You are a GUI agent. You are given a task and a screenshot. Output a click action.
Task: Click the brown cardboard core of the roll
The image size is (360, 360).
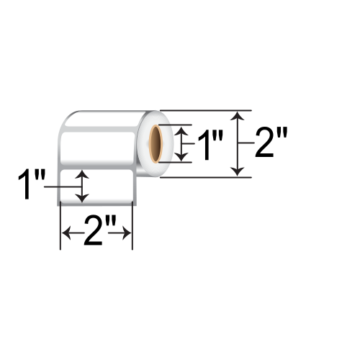156,143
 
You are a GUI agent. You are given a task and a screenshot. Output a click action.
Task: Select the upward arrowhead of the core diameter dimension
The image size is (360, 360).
185,130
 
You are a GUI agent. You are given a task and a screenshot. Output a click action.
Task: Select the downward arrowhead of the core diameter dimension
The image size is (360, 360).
185,156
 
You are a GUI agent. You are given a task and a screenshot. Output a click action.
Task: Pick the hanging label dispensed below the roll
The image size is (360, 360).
95,188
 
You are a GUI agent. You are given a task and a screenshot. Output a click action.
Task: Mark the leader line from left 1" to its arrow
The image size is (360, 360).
61,186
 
